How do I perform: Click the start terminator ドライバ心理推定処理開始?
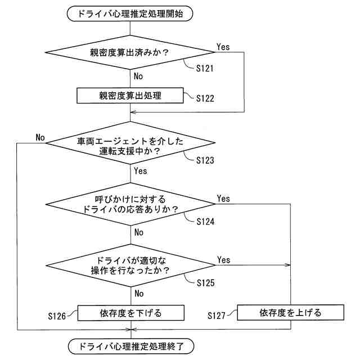(x=130, y=13)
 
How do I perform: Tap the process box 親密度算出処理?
(x=130, y=96)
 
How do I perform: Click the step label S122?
(x=205, y=98)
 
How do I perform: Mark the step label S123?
(x=205, y=160)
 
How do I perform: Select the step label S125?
(x=205, y=282)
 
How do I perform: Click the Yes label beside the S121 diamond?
(x=223, y=47)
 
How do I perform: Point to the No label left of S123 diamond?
(x=40, y=137)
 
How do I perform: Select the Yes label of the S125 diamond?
(x=223, y=260)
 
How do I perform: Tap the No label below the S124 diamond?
(x=139, y=232)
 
